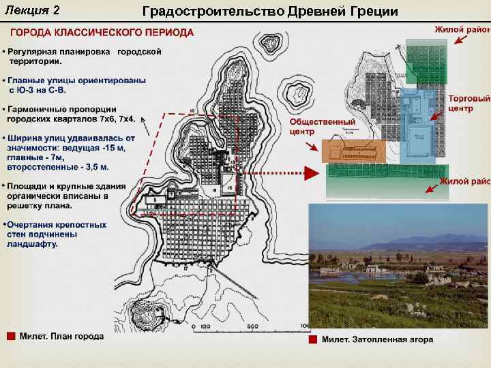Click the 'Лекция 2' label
32,10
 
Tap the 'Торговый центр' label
469,104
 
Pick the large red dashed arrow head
311,173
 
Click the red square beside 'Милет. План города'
10,335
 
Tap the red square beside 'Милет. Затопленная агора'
312,339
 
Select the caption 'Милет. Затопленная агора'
377,339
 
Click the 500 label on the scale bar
252,326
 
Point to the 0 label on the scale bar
195,326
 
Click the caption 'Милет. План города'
61,336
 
